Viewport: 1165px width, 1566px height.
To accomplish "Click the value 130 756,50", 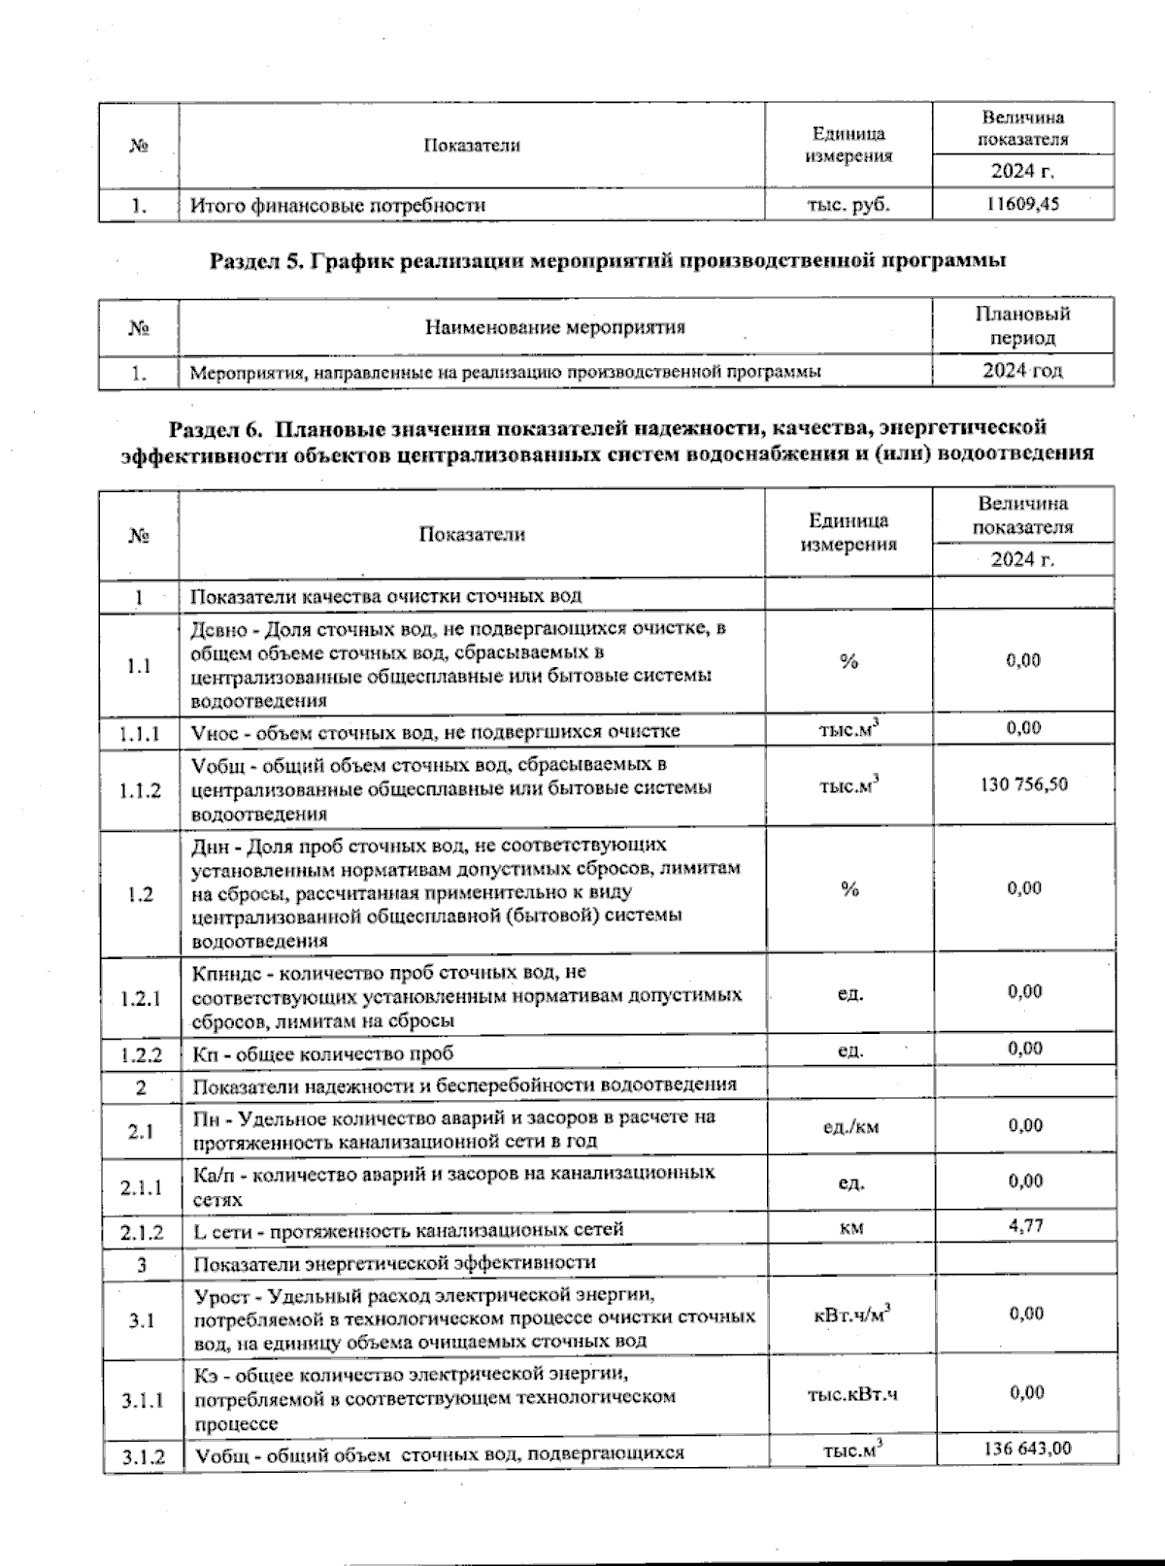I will (1023, 783).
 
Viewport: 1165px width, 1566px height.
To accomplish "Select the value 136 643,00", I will (1026, 1448).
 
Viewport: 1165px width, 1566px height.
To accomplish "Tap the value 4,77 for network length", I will (1025, 1225).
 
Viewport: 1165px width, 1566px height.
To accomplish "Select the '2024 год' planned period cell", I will (1022, 371).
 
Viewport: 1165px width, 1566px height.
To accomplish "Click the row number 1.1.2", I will (140, 790).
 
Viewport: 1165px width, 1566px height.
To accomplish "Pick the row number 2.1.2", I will (142, 1233).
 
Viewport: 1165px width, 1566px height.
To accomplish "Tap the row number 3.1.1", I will (142, 1400).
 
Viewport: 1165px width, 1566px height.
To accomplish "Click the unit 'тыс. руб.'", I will (848, 205).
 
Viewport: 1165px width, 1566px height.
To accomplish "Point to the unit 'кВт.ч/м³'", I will (851, 1315).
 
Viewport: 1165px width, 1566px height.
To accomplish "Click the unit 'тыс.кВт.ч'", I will (851, 1395).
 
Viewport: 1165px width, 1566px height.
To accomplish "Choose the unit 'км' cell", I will (851, 1228).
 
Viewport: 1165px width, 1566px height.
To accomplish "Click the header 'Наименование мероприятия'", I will (554, 327).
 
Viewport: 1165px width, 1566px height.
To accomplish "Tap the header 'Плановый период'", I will (1022, 326).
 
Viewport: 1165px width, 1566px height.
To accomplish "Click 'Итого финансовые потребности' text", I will (337, 205).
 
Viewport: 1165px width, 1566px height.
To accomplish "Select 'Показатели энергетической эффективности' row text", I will (394, 1263).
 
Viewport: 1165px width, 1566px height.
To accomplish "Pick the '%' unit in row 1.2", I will (849, 889).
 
